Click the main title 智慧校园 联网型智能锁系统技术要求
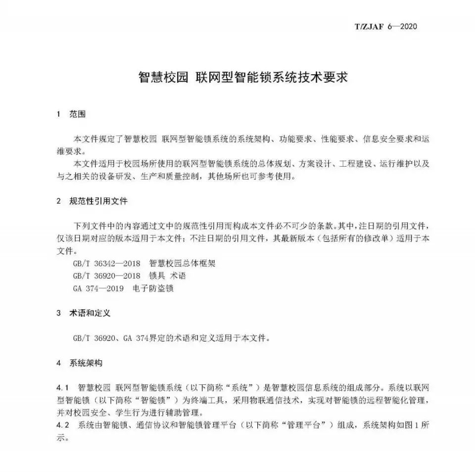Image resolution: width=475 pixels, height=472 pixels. point(237,78)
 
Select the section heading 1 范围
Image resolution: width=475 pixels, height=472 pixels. point(72,114)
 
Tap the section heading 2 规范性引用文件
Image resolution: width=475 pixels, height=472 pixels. point(93,201)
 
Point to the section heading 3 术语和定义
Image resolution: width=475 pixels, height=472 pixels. point(84,313)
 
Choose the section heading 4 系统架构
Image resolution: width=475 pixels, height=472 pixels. point(80,363)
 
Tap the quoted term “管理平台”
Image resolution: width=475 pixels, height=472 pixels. point(311,425)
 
